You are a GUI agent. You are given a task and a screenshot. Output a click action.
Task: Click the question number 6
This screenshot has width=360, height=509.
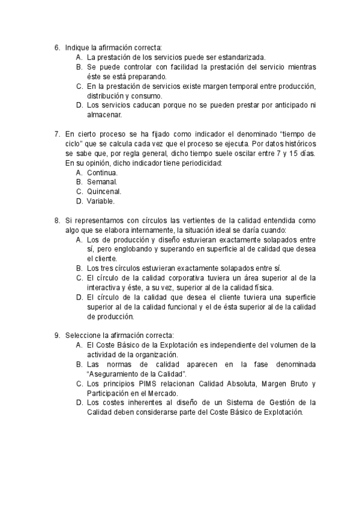coord(56,47)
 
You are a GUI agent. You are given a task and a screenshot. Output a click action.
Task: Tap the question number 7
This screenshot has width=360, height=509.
coord(56,134)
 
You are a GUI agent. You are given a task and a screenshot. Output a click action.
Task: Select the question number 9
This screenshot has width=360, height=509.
coord(56,336)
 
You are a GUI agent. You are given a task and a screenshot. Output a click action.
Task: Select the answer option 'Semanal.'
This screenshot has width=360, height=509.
coord(102,182)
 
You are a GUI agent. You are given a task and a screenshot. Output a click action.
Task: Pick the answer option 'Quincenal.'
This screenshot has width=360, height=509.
coord(104,191)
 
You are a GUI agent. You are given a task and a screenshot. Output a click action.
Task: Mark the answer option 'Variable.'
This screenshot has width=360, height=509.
coord(101,201)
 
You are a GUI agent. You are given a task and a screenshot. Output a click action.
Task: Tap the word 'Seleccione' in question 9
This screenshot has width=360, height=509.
coord(83,336)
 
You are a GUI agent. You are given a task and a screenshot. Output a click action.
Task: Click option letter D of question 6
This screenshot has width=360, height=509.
coord(79,104)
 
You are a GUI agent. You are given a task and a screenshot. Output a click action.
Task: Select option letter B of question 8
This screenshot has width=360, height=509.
coord(79,268)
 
